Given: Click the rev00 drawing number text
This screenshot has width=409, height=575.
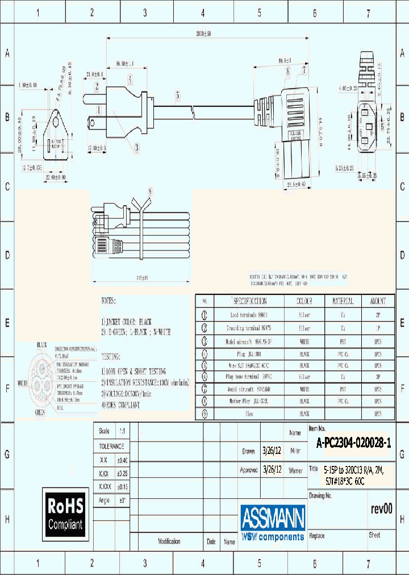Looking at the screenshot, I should pos(381,509).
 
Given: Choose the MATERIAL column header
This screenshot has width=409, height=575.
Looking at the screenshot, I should pos(343,301).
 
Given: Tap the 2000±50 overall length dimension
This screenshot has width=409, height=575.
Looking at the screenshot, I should pos(195,35).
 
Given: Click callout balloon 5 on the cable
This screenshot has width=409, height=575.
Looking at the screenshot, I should pos(178,96).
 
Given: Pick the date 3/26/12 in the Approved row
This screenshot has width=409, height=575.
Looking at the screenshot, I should pos(272,470).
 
